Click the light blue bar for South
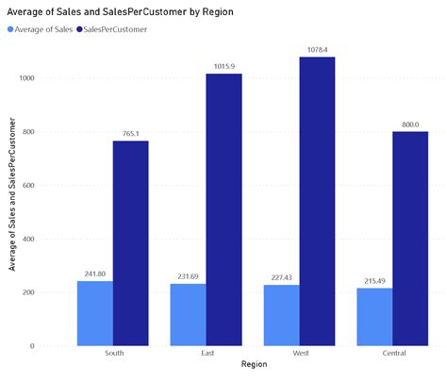pos(95,313)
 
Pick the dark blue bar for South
pos(130,243)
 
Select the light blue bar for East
pos(188,315)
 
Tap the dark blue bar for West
pos(317,201)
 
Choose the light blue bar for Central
pos(374,317)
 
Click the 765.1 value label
pos(130,133)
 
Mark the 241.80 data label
pos(95,274)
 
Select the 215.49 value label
pos(374,280)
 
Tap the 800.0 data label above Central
pos(410,124)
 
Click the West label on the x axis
pos(299,354)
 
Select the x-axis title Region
pos(253,364)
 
